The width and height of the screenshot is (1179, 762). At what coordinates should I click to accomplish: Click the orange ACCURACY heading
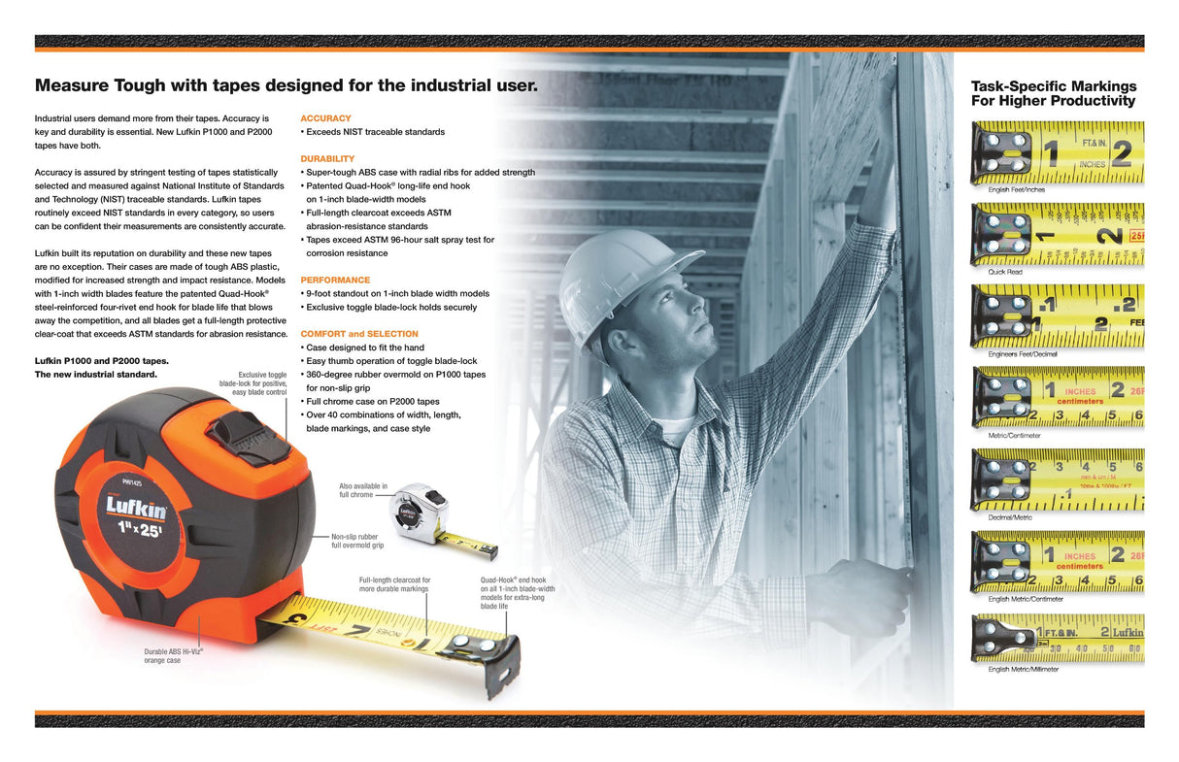(x=325, y=118)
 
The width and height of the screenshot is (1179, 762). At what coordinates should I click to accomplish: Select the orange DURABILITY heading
(x=327, y=158)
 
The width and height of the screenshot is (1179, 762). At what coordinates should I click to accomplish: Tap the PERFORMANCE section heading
(x=335, y=280)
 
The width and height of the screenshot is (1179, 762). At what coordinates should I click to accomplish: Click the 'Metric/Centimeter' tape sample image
(x=1057, y=401)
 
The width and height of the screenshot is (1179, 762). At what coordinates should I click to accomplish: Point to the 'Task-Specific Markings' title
(x=1053, y=93)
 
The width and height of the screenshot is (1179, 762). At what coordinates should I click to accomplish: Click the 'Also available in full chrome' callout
(x=362, y=490)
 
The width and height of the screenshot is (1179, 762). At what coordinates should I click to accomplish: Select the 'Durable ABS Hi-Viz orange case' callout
(x=174, y=655)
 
